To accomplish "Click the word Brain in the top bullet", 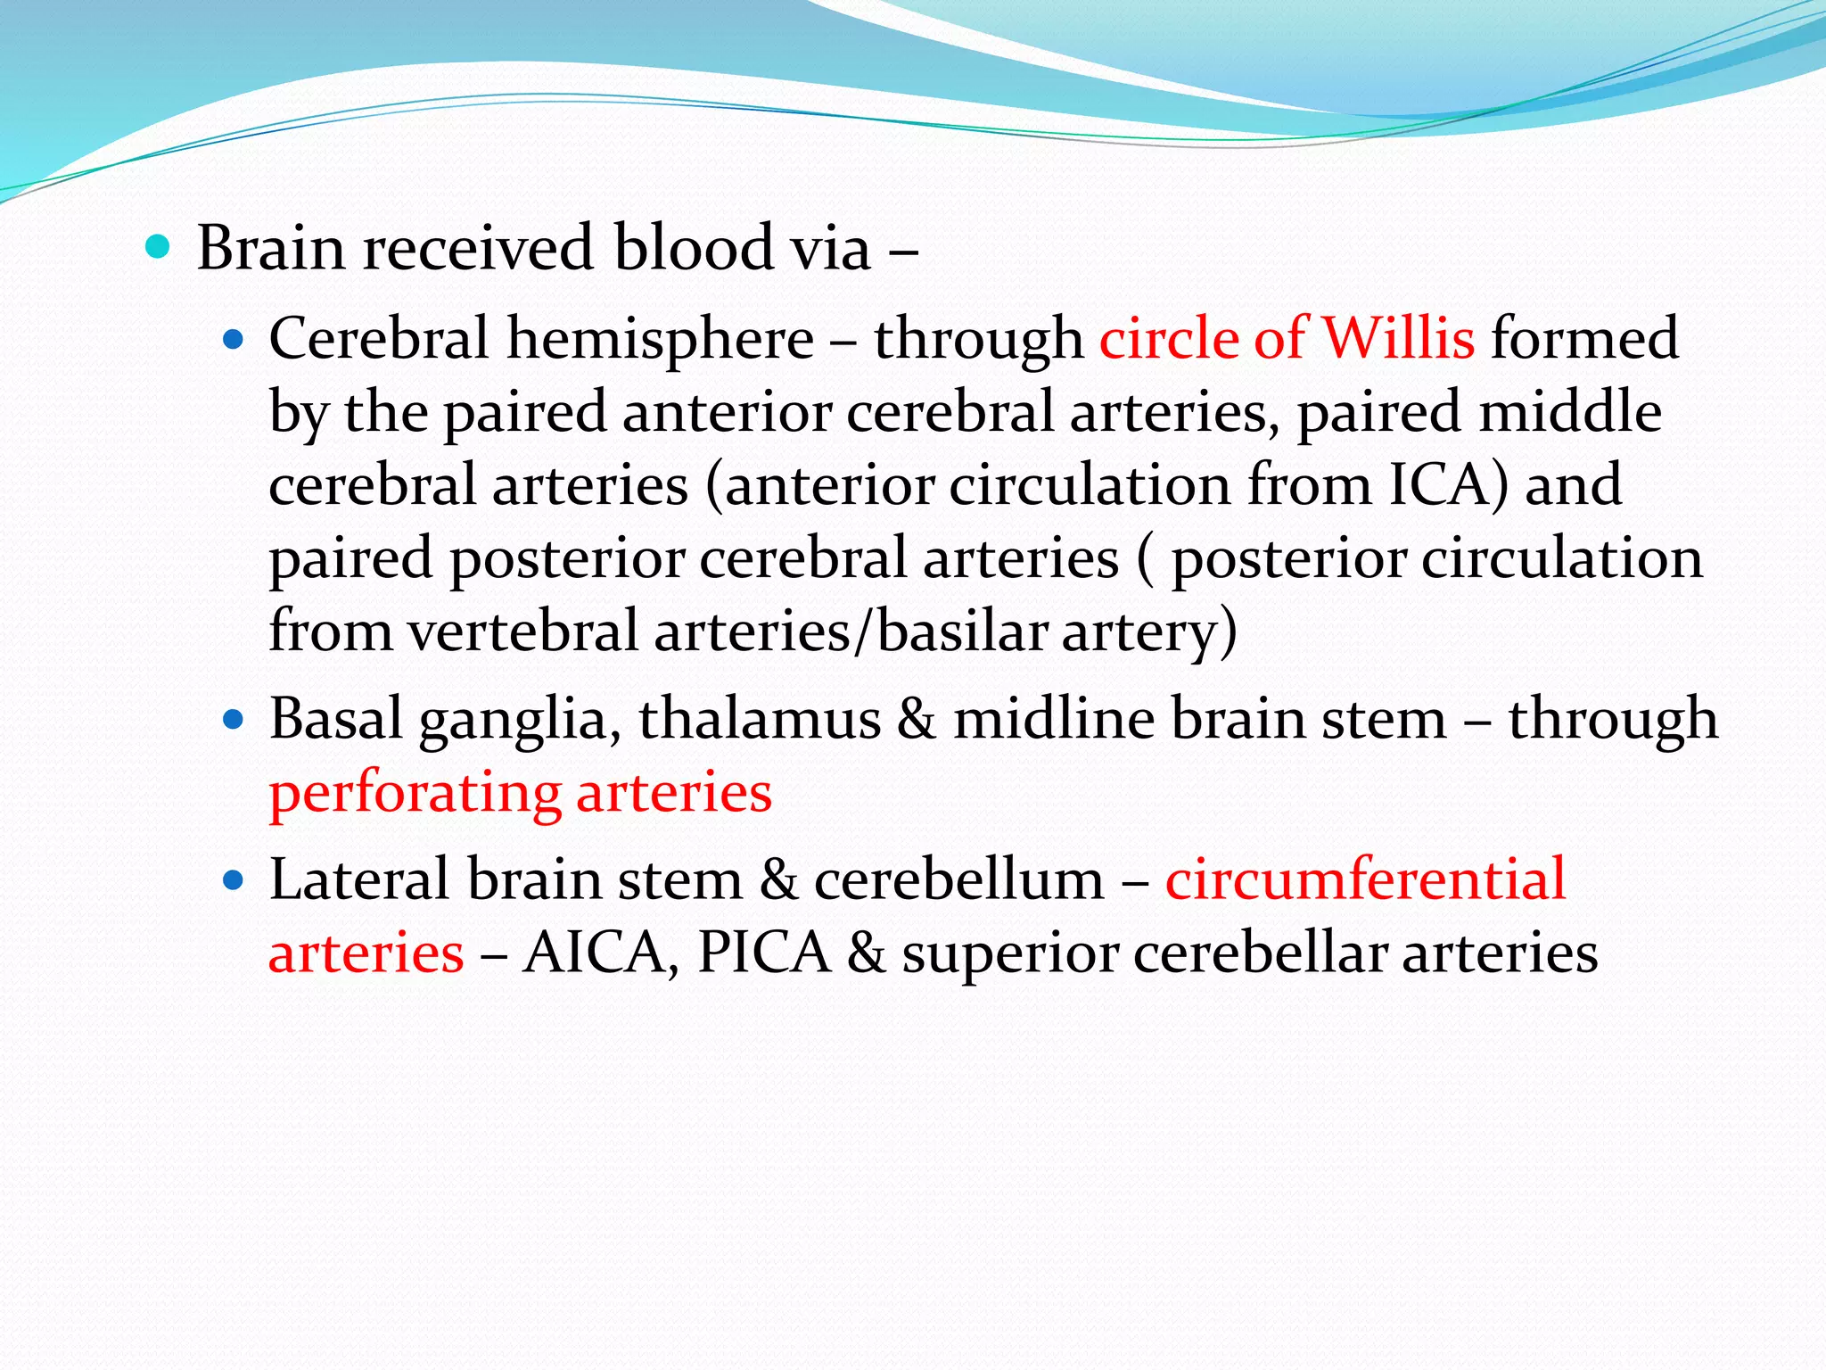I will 270,248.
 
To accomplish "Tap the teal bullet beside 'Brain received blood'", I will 157,246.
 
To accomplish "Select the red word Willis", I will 1397,339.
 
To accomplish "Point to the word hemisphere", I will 660,339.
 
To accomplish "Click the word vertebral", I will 523,631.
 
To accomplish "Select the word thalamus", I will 760,719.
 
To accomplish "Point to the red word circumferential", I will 1365,879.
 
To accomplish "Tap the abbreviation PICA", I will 764,953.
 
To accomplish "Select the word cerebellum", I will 958,879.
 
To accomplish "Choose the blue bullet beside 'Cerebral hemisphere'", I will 234,339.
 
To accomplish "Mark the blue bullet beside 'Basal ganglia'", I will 234,719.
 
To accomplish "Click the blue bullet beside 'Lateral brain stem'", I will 234,880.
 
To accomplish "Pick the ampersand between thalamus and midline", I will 917,720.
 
